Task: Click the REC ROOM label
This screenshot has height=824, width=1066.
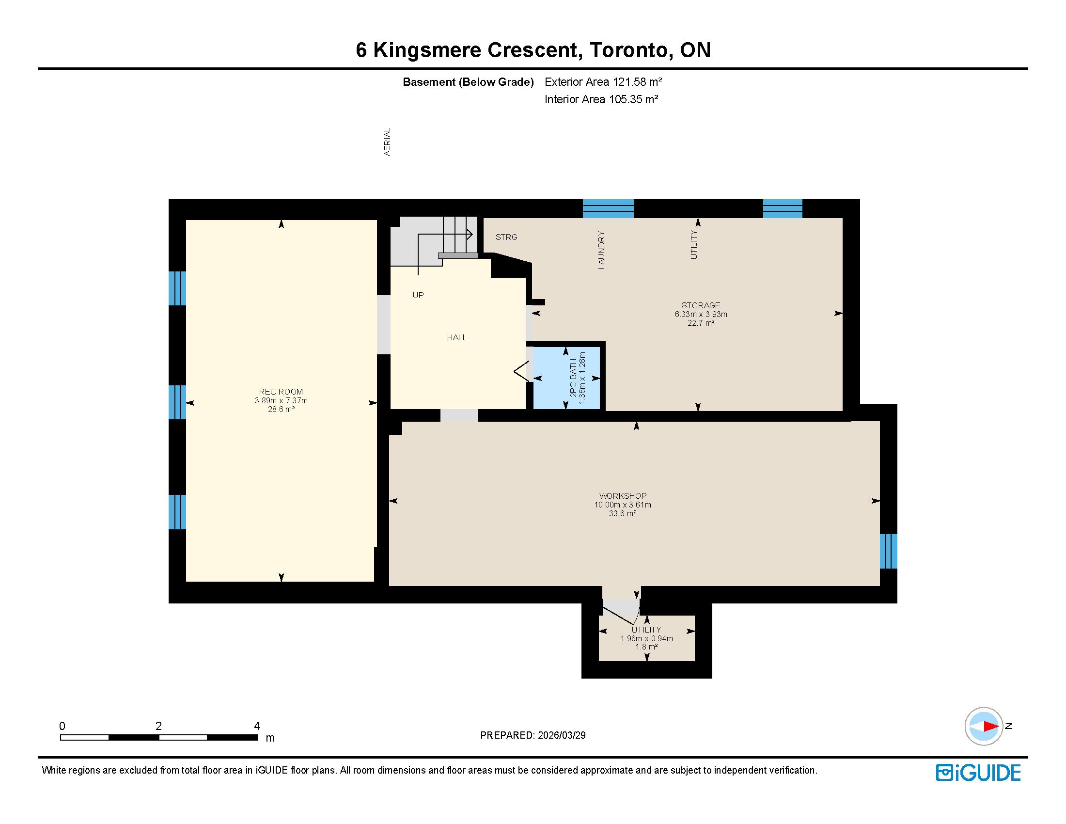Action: click(281, 392)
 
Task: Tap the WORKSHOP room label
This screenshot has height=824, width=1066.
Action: click(623, 496)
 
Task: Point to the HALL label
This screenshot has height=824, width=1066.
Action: click(457, 337)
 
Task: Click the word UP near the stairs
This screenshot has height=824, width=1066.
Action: click(418, 295)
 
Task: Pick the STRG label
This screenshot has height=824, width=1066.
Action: click(506, 237)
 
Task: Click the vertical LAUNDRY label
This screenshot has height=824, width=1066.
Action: click(601, 250)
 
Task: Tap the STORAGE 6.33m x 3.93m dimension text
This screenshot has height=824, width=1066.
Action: click(701, 315)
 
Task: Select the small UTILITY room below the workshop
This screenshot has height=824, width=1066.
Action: click(647, 638)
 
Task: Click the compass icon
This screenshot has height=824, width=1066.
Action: click(984, 726)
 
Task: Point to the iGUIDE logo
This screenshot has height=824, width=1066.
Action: click(978, 773)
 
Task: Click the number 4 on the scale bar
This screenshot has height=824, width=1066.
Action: click(257, 726)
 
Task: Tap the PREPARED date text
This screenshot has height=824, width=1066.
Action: click(533, 735)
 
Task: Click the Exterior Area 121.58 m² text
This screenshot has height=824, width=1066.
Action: click(603, 82)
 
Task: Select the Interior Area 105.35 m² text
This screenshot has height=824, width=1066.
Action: click(601, 99)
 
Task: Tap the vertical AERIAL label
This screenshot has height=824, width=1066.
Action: click(388, 142)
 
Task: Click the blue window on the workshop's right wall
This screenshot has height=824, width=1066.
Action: click(888, 551)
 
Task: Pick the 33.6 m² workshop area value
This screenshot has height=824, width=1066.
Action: click(623, 513)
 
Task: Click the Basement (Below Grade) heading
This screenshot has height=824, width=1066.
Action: click(468, 82)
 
